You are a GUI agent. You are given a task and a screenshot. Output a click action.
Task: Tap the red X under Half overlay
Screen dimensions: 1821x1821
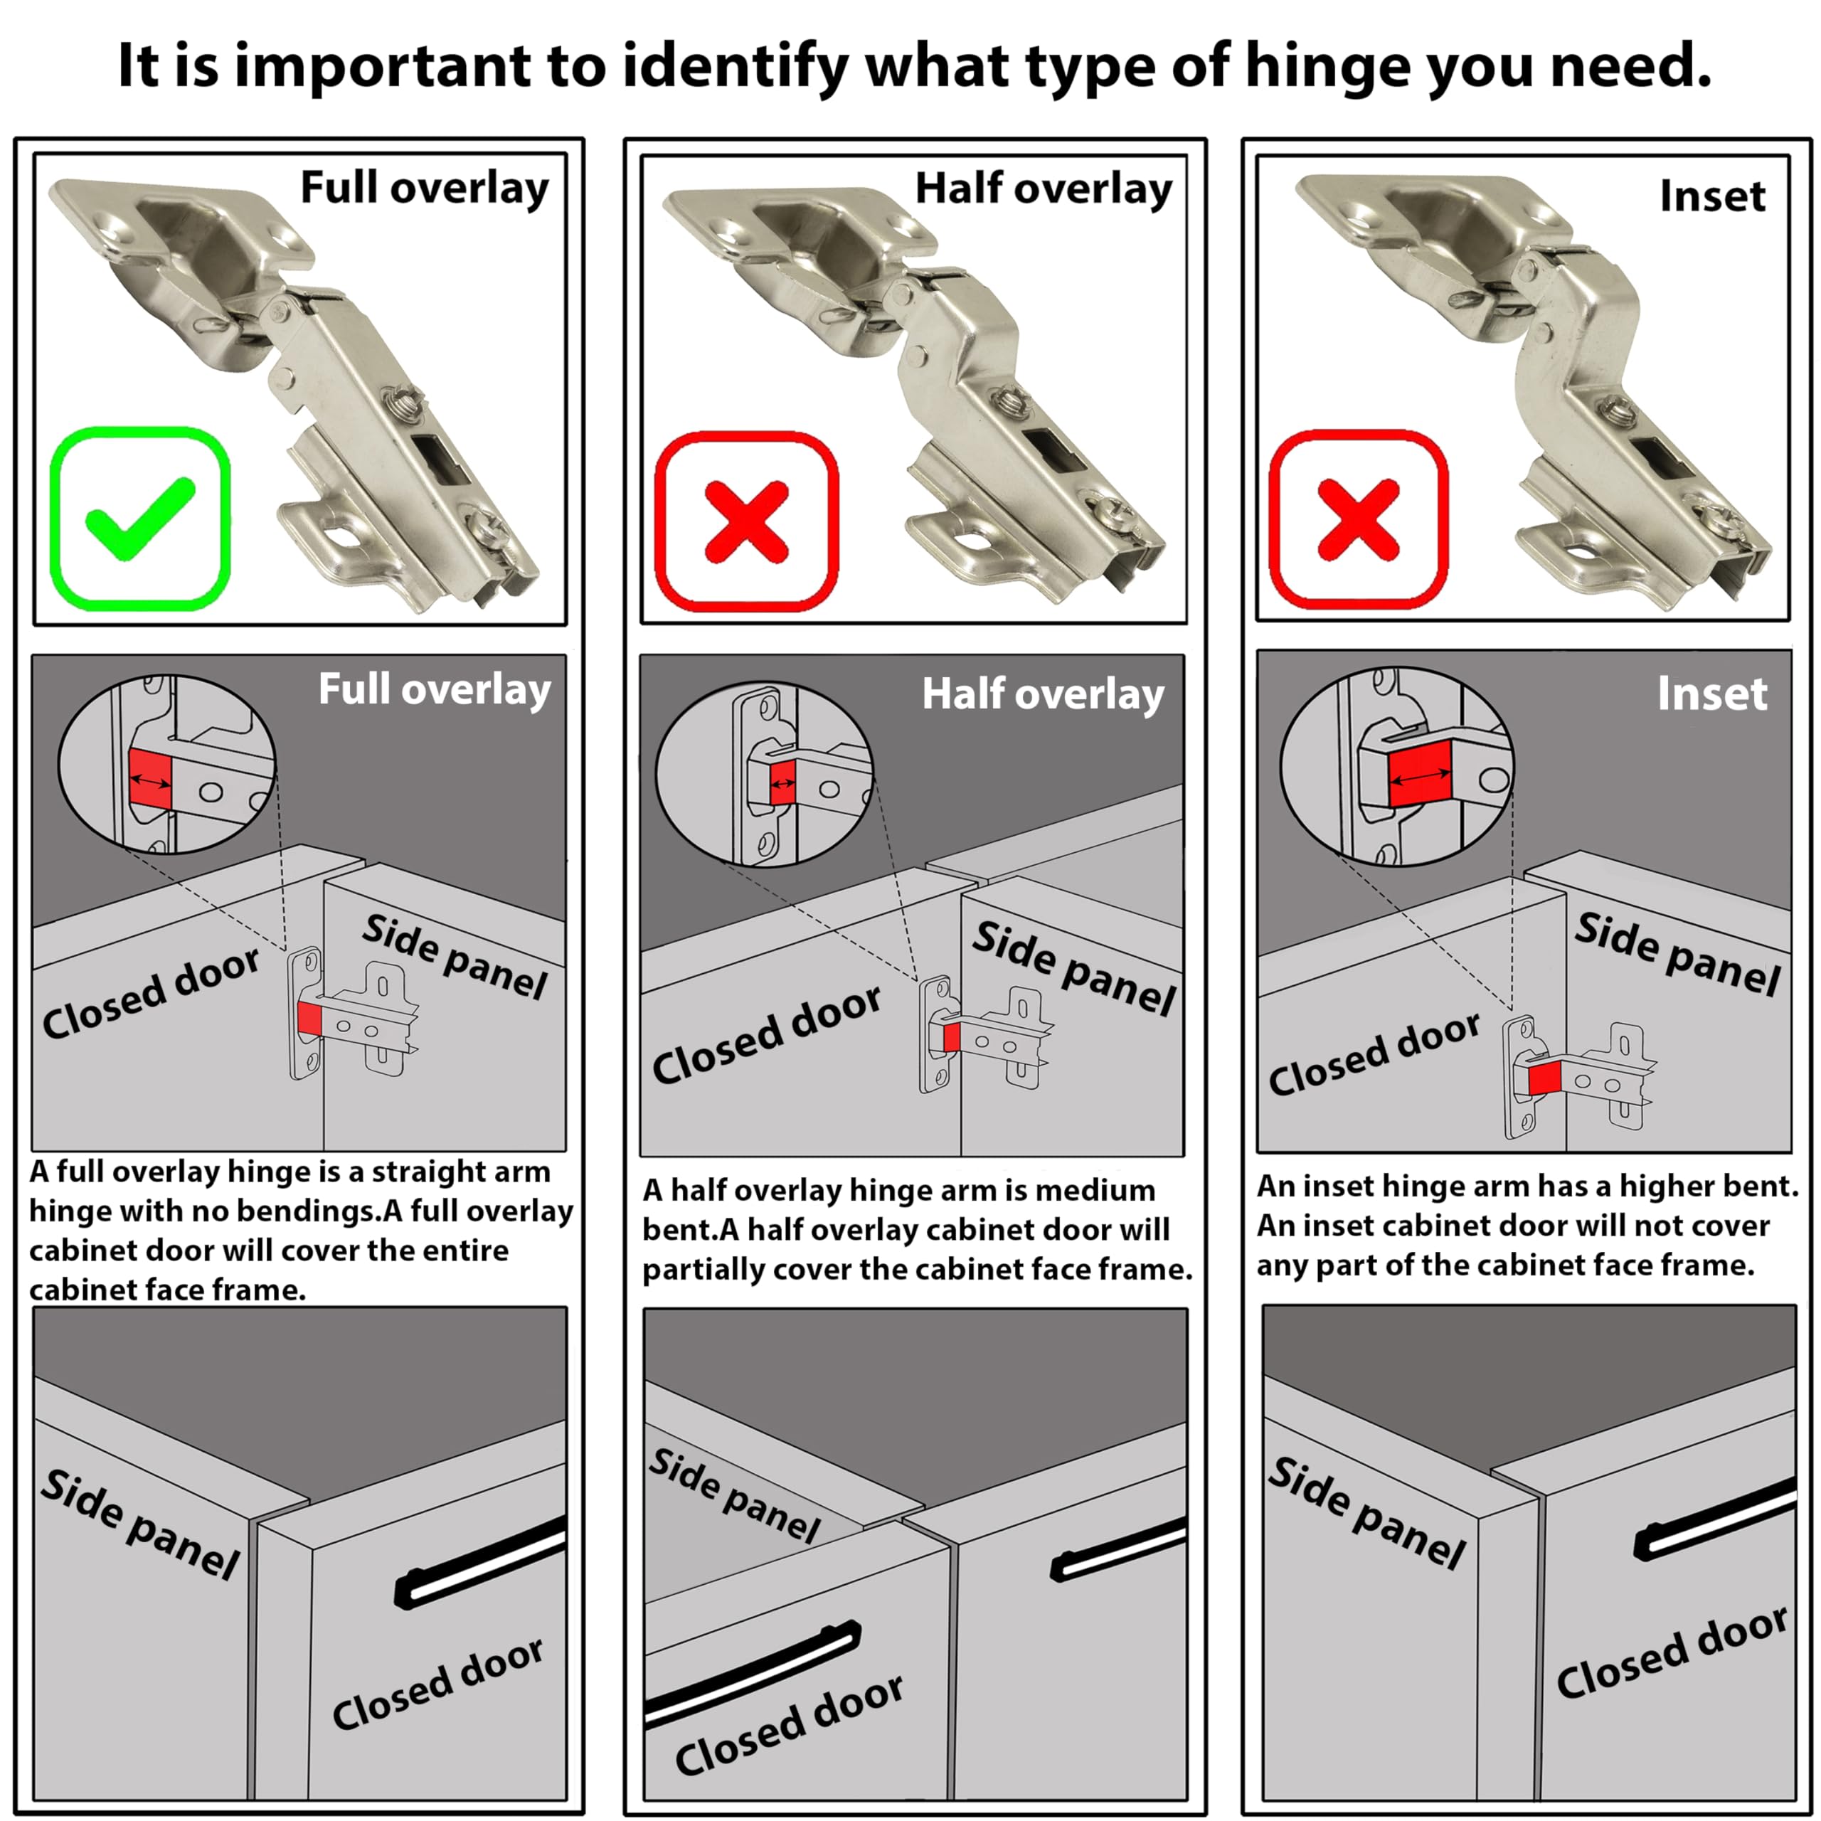pos(746,521)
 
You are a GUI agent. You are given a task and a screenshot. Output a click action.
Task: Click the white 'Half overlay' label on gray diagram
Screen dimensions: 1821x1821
pos(1043,695)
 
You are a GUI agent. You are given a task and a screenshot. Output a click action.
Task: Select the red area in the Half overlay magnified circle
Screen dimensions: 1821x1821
pos(782,783)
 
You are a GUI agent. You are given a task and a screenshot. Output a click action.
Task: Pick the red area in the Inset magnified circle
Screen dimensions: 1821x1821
pos(1421,773)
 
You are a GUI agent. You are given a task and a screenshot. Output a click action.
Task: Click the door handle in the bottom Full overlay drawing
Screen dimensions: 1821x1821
pos(479,1562)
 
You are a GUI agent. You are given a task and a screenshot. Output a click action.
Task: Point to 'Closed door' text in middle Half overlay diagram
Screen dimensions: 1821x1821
pos(766,1035)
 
